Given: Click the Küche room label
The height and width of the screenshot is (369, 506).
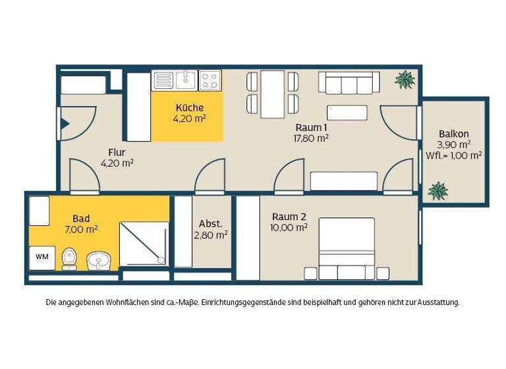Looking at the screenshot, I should [x=189, y=107].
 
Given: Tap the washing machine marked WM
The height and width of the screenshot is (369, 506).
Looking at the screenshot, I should [x=42, y=256].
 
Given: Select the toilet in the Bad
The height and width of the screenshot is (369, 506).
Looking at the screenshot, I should [x=69, y=258].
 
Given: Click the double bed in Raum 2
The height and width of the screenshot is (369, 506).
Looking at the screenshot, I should [x=347, y=247].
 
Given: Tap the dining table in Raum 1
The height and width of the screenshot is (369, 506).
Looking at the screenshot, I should [x=272, y=94].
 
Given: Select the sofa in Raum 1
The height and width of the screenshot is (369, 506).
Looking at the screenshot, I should [x=349, y=83].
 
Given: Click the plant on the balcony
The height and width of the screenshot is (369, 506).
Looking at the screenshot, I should [x=437, y=191].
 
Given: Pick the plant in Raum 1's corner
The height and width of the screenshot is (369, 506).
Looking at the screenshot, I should [x=405, y=80].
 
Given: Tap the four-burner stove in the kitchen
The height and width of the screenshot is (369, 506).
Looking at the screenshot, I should [x=210, y=80].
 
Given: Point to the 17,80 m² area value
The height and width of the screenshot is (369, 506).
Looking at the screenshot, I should [x=311, y=138].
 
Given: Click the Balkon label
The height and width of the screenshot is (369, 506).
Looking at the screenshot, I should [x=453, y=134].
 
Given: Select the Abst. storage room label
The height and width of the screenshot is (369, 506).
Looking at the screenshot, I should [x=211, y=223].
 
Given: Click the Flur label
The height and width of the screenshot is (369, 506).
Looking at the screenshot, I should [x=117, y=152].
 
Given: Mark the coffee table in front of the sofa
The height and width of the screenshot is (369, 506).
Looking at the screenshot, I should [x=347, y=113].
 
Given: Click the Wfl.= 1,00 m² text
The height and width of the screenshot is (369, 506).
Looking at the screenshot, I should [x=453, y=156].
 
